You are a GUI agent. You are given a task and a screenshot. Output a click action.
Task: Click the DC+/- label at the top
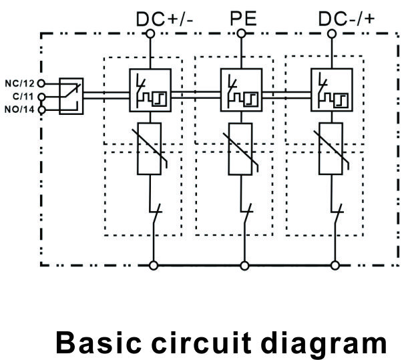coord(164,19)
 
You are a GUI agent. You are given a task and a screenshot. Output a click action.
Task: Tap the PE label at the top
coord(243,19)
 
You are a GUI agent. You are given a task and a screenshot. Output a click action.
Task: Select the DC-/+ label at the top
coord(347,19)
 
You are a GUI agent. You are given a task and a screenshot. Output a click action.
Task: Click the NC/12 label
coord(19,83)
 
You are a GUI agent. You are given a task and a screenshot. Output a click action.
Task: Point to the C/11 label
coord(23,97)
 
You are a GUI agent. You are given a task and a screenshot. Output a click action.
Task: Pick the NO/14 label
coord(19,110)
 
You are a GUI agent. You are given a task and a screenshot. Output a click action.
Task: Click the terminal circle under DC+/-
coord(150,34)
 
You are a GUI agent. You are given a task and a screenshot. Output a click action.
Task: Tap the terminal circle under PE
coord(241,33)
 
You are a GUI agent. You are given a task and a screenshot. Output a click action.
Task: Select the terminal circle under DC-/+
coord(332,34)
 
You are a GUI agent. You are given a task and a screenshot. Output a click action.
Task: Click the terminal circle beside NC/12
coord(41,83)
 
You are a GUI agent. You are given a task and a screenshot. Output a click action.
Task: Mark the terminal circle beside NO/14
coord(41,110)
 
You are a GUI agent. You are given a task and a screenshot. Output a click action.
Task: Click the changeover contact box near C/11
coord(71,96)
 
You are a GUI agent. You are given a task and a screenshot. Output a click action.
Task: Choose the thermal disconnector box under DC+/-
coord(150,90)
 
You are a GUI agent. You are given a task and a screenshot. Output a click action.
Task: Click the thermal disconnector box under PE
coord(242,90)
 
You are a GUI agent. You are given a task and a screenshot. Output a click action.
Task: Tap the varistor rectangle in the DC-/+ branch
coord(331,149)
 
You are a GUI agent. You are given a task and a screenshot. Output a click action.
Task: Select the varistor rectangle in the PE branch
coord(240,149)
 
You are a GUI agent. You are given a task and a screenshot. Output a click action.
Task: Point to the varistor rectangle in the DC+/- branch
coord(150,149)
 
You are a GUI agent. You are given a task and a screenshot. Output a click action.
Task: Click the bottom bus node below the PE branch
coord(244,265)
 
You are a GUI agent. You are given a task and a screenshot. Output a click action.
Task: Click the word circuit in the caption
coord(201,343)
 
